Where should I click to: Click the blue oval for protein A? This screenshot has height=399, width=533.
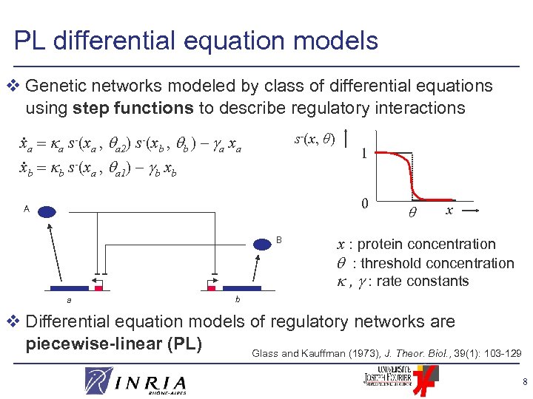pyautogui.click(x=48, y=212)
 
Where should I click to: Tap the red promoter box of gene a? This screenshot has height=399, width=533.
pyautogui.click(x=98, y=287)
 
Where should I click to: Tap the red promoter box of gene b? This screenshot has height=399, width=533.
pyautogui.click(x=212, y=287)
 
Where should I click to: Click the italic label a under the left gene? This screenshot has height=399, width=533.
pyautogui.click(x=69, y=301)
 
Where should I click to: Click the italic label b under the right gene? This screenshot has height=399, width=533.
pyautogui.click(x=237, y=299)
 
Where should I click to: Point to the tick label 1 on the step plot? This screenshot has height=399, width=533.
pyautogui.click(x=363, y=154)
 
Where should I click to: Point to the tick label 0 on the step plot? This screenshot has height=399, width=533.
pyautogui.click(x=363, y=202)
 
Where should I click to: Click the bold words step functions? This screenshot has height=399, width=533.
pyautogui.click(x=133, y=108)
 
